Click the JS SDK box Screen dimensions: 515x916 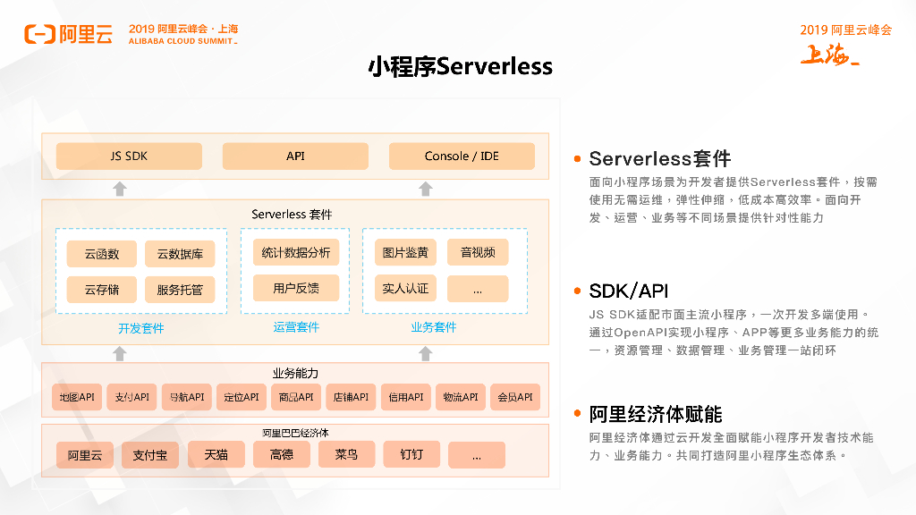click(x=129, y=156)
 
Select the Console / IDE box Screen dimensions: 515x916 click(x=462, y=156)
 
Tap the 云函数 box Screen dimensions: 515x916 click(x=102, y=254)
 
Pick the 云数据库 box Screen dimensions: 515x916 click(x=180, y=254)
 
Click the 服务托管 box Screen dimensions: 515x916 click(x=180, y=290)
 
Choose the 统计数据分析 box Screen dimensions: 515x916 click(x=296, y=253)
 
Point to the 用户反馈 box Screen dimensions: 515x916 click(x=296, y=288)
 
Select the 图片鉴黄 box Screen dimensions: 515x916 click(x=405, y=253)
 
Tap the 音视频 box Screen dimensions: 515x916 click(x=478, y=253)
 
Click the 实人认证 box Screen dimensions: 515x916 click(x=405, y=289)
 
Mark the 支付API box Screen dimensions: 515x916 click(x=131, y=397)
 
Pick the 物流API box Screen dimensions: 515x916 click(x=460, y=397)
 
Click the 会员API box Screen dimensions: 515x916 click(x=515, y=397)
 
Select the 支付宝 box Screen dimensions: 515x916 click(x=150, y=455)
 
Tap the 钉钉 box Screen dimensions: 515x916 click(x=412, y=455)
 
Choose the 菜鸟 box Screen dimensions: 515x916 click(x=346, y=455)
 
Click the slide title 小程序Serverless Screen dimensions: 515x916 click(x=461, y=67)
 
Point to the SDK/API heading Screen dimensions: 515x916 click(x=629, y=291)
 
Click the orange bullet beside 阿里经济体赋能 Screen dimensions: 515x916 click(x=578, y=415)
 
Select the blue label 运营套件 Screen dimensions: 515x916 click(x=296, y=328)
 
